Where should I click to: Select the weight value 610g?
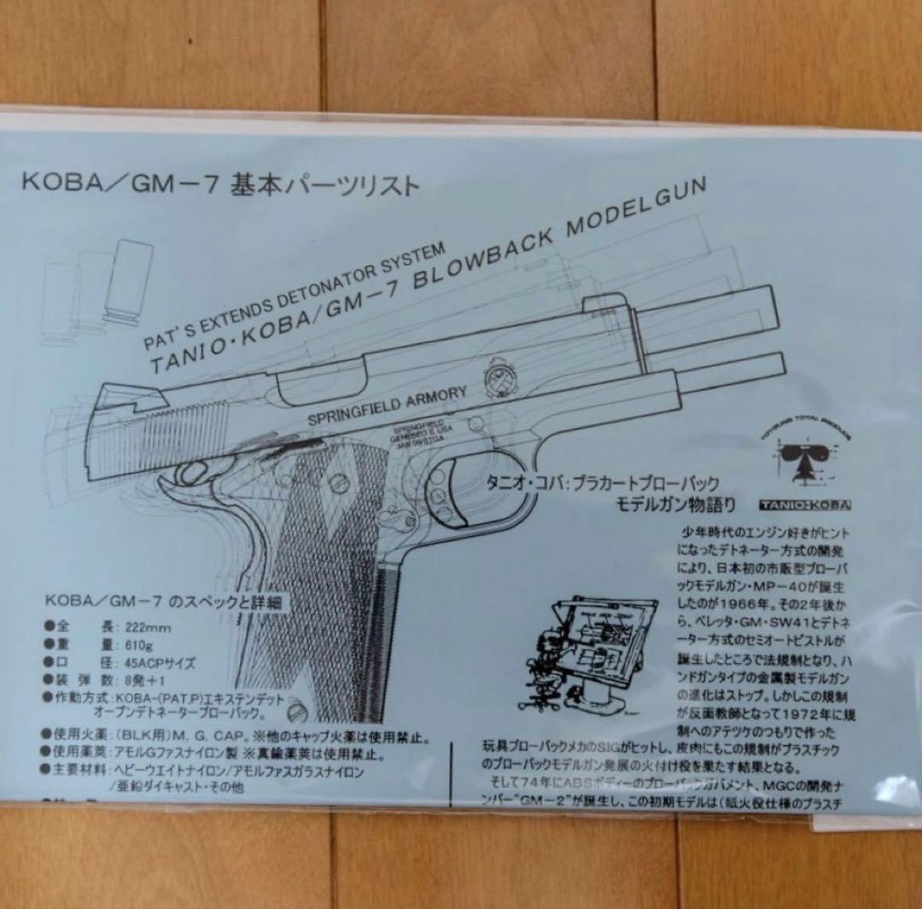(x=144, y=644)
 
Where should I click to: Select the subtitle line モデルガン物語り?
(x=675, y=504)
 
